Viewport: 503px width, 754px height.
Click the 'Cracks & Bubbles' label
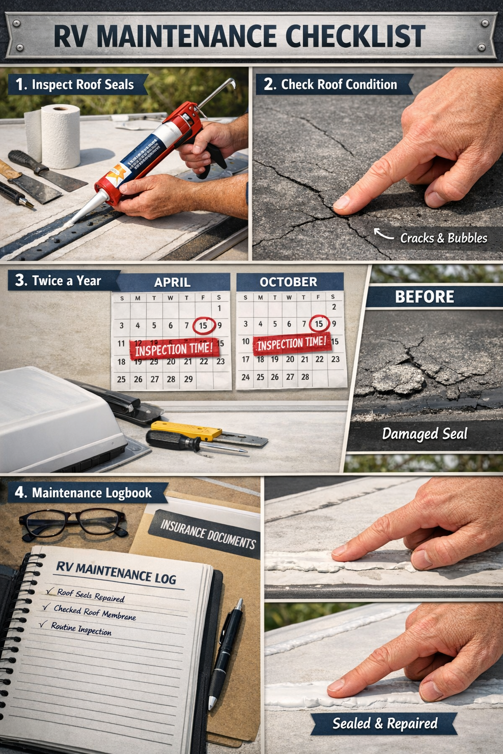pyautogui.click(x=443, y=238)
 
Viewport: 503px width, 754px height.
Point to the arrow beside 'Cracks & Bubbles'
pyautogui.click(x=383, y=234)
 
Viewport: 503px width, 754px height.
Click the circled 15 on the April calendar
pyautogui.click(x=203, y=325)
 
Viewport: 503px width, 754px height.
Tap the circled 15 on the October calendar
pyautogui.click(x=319, y=323)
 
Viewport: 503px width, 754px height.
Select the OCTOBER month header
pyautogui.click(x=288, y=282)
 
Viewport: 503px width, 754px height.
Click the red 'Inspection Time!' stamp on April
pyautogui.click(x=174, y=349)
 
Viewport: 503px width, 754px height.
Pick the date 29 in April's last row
pyautogui.click(x=188, y=379)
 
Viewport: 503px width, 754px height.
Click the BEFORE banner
pyautogui.click(x=424, y=297)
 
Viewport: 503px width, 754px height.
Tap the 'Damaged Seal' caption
pyautogui.click(x=424, y=434)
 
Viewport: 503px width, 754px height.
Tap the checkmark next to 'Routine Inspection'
pyautogui.click(x=43, y=624)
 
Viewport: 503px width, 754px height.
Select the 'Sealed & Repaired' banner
pyautogui.click(x=385, y=724)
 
